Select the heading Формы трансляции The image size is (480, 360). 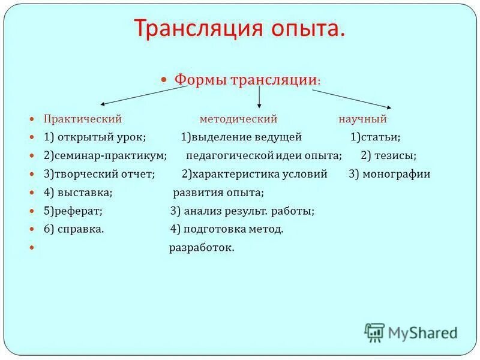tap(245, 80)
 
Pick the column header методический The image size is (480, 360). tap(238, 119)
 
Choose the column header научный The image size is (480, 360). tap(362, 119)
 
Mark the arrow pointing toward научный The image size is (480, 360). tap(354, 98)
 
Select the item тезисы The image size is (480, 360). tap(395, 156)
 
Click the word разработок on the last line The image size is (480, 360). tap(202, 248)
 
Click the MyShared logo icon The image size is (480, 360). tap(374, 332)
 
